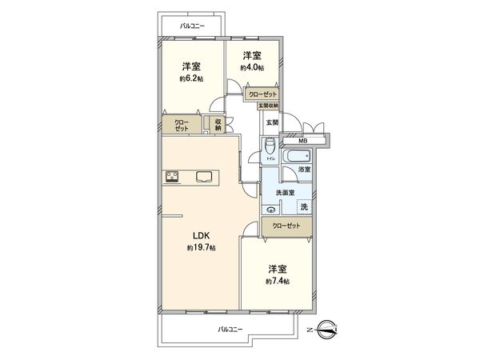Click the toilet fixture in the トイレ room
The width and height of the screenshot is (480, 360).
coord(270,148)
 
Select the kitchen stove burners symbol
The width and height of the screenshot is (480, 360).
coord(172,177)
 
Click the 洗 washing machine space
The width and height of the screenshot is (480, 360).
coord(302,207)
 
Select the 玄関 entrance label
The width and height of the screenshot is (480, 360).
coord(272,122)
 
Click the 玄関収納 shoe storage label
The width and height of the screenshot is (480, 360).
coord(268,106)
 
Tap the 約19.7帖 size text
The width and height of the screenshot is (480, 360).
coord(201,248)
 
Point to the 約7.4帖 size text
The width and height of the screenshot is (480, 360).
coord(278,282)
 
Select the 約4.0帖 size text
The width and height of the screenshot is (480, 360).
coord(253,68)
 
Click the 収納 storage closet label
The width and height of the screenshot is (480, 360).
coord(218,124)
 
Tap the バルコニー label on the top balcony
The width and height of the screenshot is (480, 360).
coord(192,26)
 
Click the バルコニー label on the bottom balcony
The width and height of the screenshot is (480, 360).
coord(230,329)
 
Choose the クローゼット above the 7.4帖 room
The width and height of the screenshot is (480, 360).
coord(286,226)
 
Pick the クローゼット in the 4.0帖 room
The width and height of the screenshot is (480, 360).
coord(262,94)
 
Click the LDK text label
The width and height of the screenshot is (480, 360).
coord(201,235)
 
